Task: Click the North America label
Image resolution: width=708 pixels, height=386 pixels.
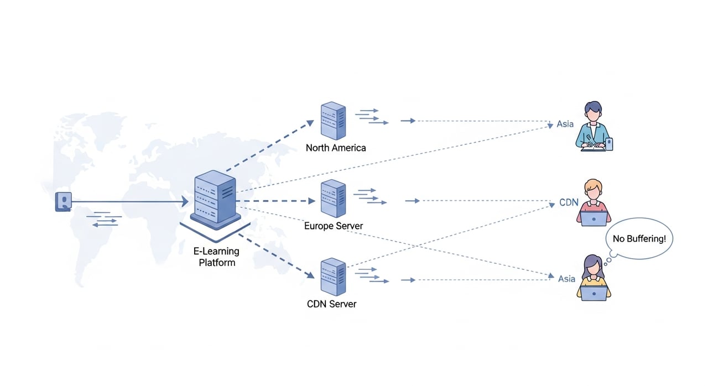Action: click(336, 148)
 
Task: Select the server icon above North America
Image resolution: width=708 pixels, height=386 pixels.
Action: click(333, 121)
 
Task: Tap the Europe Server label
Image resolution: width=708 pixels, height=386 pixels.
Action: click(334, 226)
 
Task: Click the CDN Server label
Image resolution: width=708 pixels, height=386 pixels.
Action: click(331, 304)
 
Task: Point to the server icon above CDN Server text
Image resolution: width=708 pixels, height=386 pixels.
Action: click(333, 277)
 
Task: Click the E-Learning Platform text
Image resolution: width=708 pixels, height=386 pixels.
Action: click(217, 257)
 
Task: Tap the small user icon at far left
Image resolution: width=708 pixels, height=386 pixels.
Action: click(64, 201)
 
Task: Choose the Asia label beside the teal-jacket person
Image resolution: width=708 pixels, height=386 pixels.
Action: click(565, 124)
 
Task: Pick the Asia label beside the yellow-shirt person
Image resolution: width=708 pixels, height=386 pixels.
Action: click(566, 279)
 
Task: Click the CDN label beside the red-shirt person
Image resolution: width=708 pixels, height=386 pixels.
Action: click(569, 202)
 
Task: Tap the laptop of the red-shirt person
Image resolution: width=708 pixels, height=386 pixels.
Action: click(594, 219)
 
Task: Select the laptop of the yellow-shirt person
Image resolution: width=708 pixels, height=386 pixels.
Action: click(594, 293)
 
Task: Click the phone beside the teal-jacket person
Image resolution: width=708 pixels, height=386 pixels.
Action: click(609, 144)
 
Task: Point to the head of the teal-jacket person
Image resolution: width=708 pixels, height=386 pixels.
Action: click(592, 112)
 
